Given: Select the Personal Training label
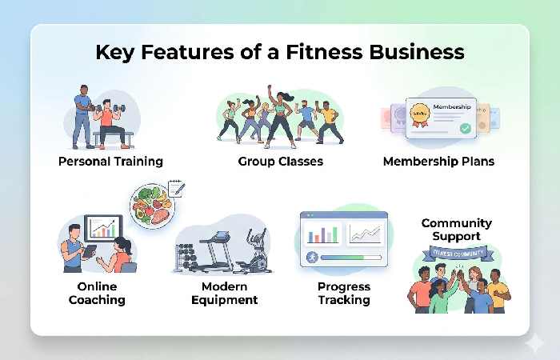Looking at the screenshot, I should (110, 161).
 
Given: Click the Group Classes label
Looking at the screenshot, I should (280, 161).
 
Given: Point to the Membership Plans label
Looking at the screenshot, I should (438, 161).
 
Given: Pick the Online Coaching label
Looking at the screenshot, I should (96, 293).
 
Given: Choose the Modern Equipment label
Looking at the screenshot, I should (230, 293).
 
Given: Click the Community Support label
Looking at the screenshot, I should (456, 230).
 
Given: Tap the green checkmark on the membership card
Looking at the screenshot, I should (465, 127).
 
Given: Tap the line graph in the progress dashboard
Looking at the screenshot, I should (366, 234).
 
